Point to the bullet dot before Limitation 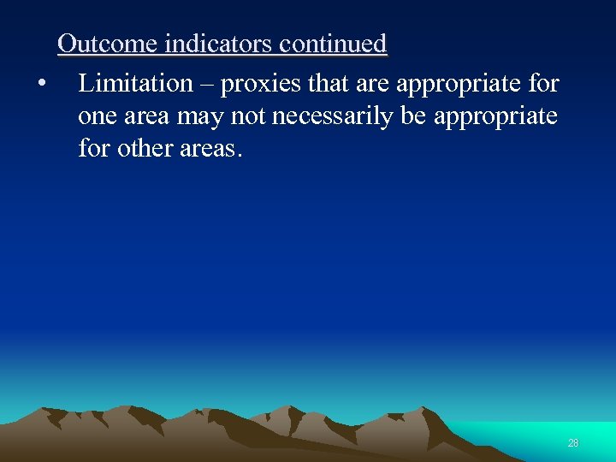click(40, 84)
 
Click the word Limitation click(135, 84)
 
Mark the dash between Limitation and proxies click(208, 84)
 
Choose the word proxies click(253, 85)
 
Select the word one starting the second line click(98, 116)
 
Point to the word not click(247, 116)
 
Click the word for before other click(94, 148)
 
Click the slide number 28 click(572, 442)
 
